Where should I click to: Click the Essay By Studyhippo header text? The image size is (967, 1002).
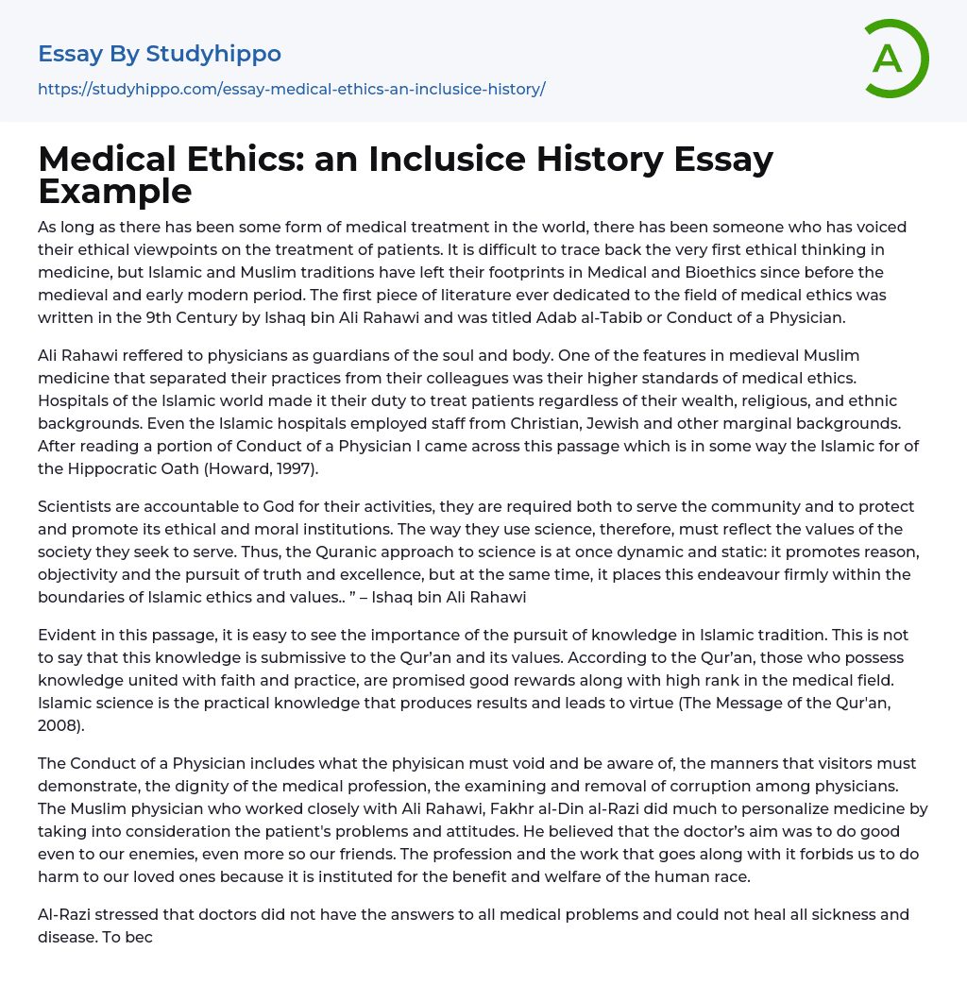click(x=160, y=54)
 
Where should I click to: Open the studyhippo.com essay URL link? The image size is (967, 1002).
click(x=291, y=89)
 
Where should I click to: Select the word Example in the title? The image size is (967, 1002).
click(x=115, y=191)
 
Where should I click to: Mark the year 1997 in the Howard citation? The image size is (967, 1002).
click(x=298, y=468)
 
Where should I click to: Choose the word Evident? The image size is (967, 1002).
click(x=69, y=635)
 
